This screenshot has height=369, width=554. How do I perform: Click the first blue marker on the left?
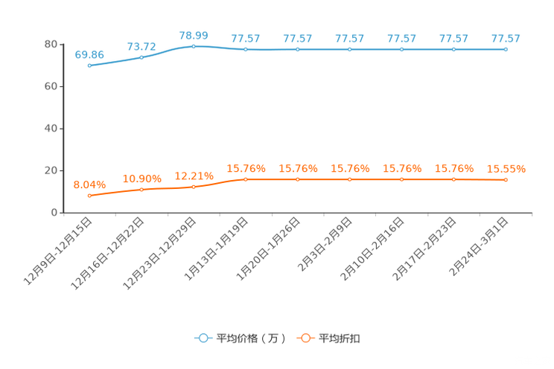pyautogui.click(x=89, y=65)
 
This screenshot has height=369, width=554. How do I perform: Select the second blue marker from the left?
pyautogui.click(x=141, y=57)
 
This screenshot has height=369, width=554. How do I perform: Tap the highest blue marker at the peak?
pyautogui.click(x=194, y=46)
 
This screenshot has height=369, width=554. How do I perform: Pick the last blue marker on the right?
pyautogui.click(x=506, y=49)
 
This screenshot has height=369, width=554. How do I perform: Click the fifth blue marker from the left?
pyautogui.click(x=297, y=49)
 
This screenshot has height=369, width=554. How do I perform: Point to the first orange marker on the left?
pyautogui.click(x=89, y=196)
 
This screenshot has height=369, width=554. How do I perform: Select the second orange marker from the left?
pyautogui.click(x=141, y=190)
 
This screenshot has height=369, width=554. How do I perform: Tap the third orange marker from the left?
pyautogui.click(x=194, y=187)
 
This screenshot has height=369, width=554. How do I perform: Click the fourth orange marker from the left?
pyautogui.click(x=246, y=179)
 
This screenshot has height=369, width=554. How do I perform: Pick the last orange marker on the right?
pyautogui.click(x=506, y=179)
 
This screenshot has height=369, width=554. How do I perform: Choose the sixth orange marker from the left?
pyautogui.click(x=349, y=179)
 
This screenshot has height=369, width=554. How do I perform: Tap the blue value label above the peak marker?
pyautogui.click(x=194, y=35)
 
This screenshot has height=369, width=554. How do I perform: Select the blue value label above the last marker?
pyautogui.click(x=506, y=38)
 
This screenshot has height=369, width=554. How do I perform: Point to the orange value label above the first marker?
pyautogui.click(x=89, y=184)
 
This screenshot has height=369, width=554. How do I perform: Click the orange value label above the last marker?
pyautogui.click(x=506, y=169)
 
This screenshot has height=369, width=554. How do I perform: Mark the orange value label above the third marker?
pyautogui.click(x=194, y=176)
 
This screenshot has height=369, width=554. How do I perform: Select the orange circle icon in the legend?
pyautogui.click(x=305, y=338)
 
